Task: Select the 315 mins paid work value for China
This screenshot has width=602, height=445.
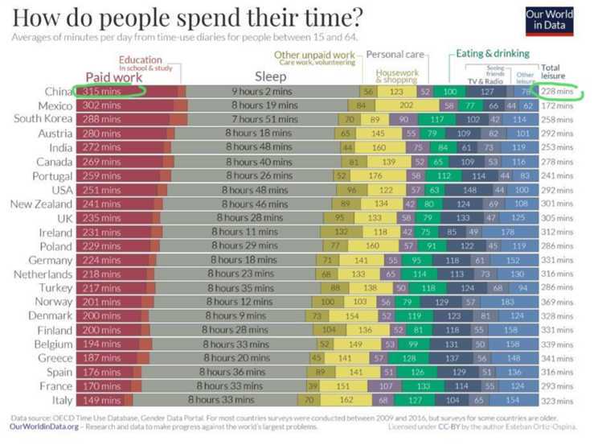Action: click(104, 92)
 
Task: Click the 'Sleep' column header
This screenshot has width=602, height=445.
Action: click(270, 76)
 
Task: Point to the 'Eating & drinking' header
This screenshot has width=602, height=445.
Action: click(493, 54)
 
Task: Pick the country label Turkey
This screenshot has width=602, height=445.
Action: click(54, 287)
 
